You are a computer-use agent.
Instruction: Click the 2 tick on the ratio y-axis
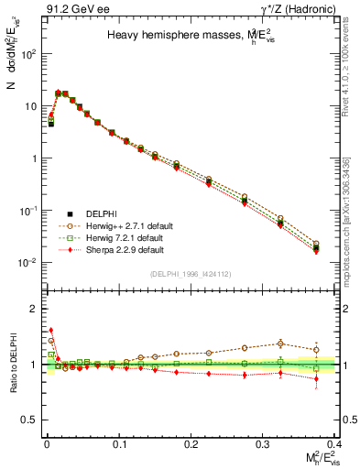coord(37,309)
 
